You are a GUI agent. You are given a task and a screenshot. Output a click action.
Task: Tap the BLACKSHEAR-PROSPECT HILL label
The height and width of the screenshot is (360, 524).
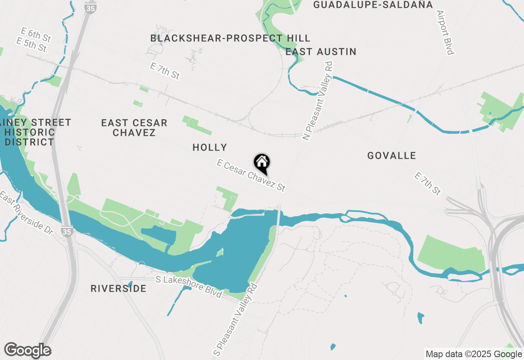pyautogui.click(x=230, y=38)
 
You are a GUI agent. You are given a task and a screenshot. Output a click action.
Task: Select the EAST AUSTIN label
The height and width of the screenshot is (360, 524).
pyautogui.click(x=321, y=52)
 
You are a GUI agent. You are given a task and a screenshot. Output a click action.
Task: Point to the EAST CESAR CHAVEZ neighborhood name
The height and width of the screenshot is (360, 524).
pyautogui.click(x=134, y=128)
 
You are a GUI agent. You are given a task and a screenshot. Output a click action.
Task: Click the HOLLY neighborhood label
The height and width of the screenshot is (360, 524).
pyautogui.click(x=210, y=147)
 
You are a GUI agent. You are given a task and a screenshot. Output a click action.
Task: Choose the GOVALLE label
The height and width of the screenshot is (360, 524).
pyautogui.click(x=391, y=155)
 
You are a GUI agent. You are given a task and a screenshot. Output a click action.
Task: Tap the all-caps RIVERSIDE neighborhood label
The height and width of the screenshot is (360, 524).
pyautogui.click(x=118, y=288)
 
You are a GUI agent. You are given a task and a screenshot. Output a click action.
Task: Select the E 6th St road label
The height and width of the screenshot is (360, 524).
pyautogui.click(x=37, y=35)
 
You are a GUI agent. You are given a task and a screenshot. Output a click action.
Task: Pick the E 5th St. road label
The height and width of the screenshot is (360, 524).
pyautogui.click(x=32, y=45)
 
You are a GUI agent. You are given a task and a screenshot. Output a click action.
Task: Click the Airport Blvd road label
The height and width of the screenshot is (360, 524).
pyautogui.click(x=446, y=33)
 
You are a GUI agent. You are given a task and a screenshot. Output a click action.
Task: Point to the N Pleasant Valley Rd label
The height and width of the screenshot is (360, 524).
pyautogui.click(x=318, y=101)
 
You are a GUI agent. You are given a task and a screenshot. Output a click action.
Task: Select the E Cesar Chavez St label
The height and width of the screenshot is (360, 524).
pyautogui.click(x=251, y=175)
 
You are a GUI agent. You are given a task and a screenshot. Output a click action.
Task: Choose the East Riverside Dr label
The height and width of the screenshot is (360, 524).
pyautogui.click(x=26, y=212)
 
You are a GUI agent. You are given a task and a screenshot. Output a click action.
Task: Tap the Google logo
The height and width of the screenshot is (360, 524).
pyautogui.click(x=28, y=350)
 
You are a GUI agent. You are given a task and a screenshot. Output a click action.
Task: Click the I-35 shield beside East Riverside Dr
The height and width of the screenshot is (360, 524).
pyautogui.click(x=67, y=231)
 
